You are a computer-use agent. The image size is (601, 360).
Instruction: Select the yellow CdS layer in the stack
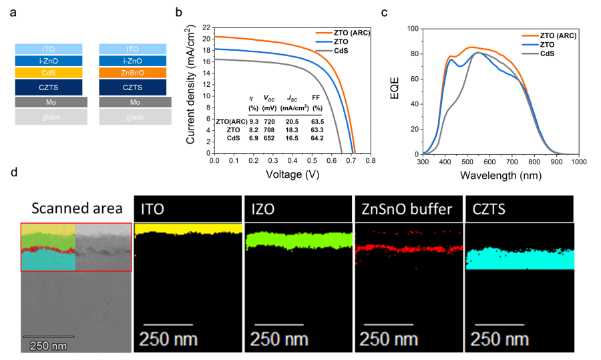(x=48, y=73)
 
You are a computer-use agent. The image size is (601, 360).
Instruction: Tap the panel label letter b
(x=178, y=12)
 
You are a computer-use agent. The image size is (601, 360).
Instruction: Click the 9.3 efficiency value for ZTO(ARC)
(x=254, y=120)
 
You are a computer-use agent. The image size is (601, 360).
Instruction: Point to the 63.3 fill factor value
(x=317, y=128)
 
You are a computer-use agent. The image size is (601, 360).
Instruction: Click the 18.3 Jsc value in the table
(x=294, y=128)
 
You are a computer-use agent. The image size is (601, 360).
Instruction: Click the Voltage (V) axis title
(x=291, y=174)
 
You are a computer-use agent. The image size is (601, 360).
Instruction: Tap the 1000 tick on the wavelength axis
(x=578, y=162)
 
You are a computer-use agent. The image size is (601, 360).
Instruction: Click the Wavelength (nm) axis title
(x=500, y=175)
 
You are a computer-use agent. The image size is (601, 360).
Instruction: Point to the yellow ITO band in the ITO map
(x=187, y=230)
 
